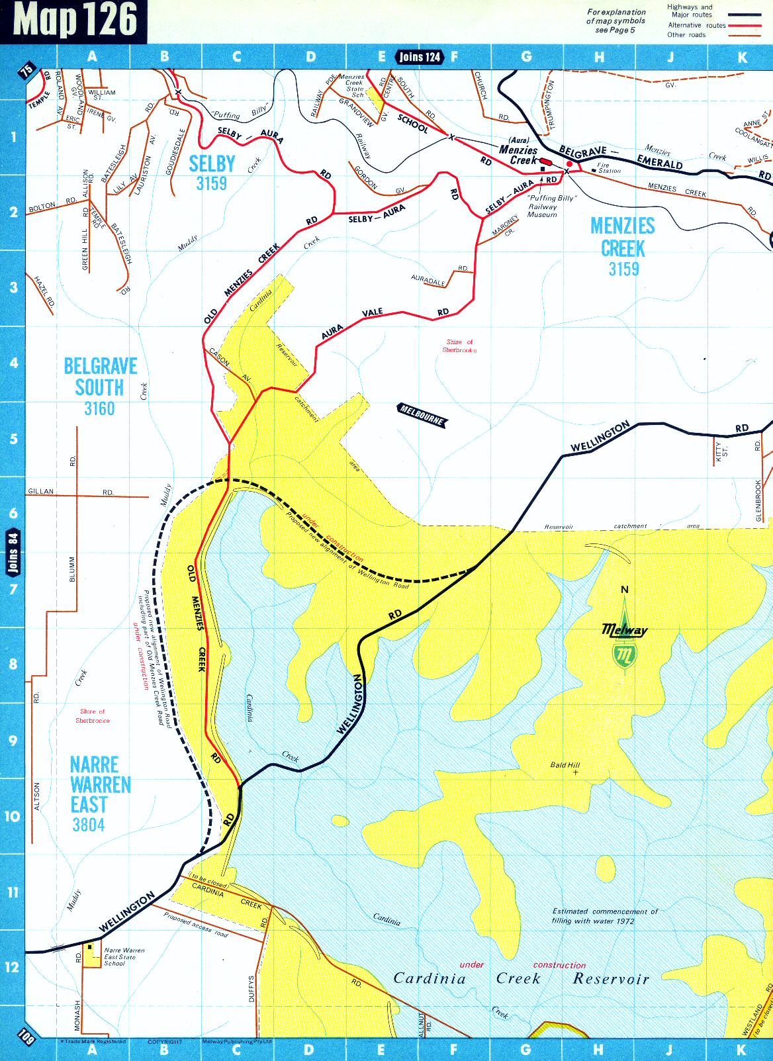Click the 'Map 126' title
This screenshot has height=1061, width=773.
pos(75,20)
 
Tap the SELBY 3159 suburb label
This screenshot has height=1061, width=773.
pos(212,172)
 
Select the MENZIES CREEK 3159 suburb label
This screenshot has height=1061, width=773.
pos(623,247)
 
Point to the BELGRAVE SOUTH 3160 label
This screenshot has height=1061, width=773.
pos(100,387)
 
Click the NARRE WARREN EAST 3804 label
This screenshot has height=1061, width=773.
pos(100,794)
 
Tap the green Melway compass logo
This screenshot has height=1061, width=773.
pos(624,639)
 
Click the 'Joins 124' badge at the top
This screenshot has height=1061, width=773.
pos(420,57)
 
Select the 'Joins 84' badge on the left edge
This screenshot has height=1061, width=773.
pos(13,552)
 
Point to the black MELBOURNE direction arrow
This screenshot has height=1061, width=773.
pos(422,414)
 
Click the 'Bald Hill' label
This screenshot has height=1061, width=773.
pos(565,765)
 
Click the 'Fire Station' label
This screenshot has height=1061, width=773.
pos(608,168)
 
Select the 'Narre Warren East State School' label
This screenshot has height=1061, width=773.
pos(124,956)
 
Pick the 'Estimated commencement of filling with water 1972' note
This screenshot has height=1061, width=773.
pos(604,916)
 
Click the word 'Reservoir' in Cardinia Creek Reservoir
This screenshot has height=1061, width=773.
pos(611,979)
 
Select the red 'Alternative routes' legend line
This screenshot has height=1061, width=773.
pos(745,25)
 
